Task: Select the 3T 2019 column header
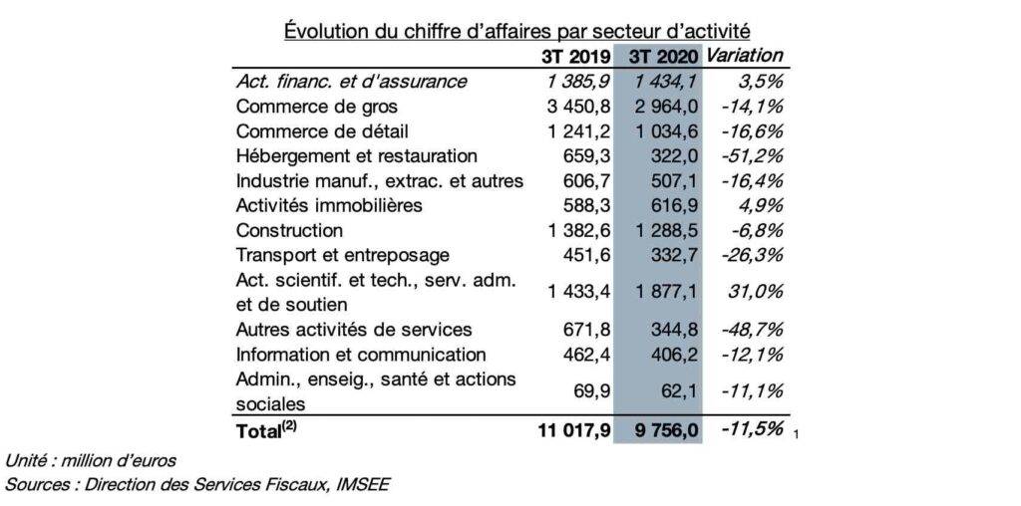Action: (576, 57)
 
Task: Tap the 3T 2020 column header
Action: (663, 57)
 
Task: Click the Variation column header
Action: (744, 56)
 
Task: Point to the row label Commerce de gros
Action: (316, 106)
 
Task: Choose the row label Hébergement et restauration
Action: (356, 156)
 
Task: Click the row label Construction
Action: (289, 230)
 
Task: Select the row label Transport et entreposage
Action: (343, 256)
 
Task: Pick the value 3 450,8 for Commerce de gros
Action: (578, 106)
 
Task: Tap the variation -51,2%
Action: (752, 156)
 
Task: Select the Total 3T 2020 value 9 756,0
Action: (664, 431)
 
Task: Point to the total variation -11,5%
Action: (752, 429)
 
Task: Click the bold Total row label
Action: (268, 431)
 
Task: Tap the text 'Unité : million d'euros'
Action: (91, 462)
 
